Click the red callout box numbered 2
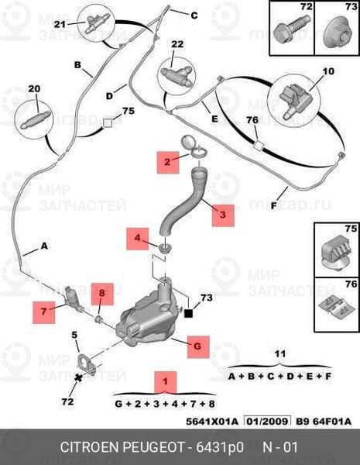coord(168,162)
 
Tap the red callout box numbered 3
coord(223,215)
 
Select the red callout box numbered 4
coord(138,239)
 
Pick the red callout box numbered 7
coord(44,312)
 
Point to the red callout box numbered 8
coord(102,294)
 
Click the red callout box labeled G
coord(198,346)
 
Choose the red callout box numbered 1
coord(166,382)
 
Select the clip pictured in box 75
coord(337,254)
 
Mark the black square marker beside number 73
coord(188,313)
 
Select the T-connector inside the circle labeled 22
coord(177,76)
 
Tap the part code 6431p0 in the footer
coord(220,447)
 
